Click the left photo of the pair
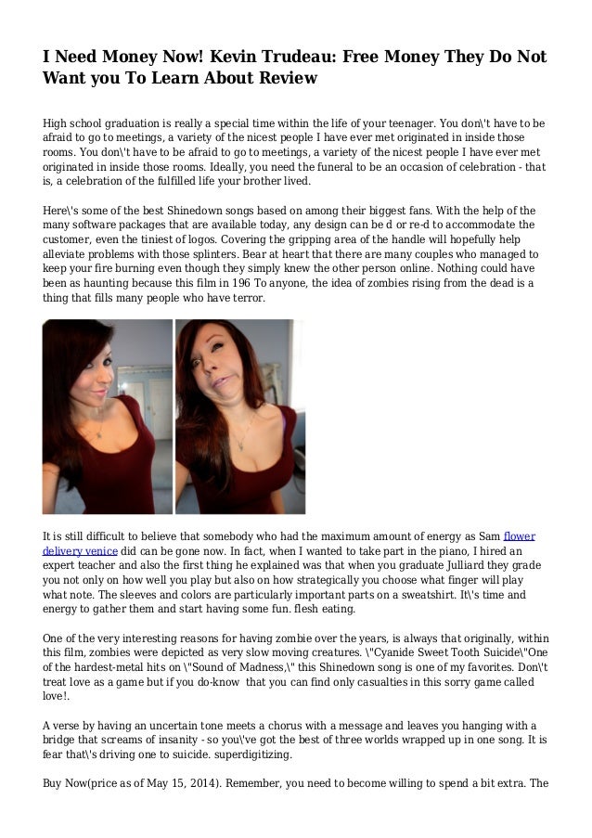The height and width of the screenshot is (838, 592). (x=108, y=416)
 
